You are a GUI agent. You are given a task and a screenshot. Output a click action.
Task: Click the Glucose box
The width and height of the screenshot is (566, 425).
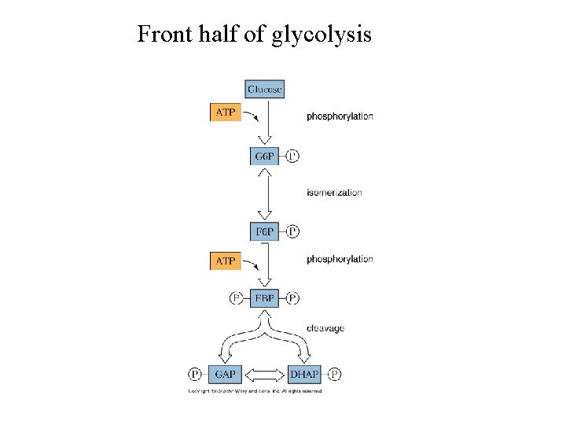(265, 89)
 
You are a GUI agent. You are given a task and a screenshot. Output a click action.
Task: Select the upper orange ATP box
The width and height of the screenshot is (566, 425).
(225, 113)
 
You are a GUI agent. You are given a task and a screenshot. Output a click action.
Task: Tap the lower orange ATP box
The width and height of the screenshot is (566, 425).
(225, 260)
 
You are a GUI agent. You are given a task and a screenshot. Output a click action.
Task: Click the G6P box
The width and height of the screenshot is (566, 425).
(265, 156)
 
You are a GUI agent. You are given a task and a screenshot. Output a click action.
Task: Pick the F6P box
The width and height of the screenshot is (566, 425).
(265, 231)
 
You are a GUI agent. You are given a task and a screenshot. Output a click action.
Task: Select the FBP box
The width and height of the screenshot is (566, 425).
(265, 298)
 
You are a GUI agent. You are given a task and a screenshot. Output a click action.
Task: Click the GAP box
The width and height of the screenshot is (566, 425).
(226, 373)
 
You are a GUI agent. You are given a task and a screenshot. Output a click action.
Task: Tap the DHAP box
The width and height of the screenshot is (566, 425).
(304, 373)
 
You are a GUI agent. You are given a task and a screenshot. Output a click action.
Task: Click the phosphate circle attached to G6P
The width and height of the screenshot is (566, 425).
(292, 156)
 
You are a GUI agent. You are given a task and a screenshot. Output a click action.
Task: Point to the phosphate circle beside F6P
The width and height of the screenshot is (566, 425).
(292, 231)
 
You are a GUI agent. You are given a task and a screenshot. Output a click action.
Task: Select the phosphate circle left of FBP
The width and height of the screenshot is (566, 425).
(236, 298)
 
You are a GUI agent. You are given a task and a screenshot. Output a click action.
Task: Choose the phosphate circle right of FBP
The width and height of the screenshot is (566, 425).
(292, 298)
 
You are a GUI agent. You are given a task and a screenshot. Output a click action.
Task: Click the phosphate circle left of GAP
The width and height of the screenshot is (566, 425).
(196, 373)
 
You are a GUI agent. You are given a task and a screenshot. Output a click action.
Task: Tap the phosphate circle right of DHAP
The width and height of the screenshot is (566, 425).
(336, 373)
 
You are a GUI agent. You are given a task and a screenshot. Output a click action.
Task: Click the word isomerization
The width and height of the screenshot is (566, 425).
(334, 193)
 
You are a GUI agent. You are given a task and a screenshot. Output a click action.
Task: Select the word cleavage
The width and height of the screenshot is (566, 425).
(325, 328)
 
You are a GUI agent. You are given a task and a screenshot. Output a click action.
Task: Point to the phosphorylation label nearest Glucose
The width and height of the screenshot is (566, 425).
(340, 116)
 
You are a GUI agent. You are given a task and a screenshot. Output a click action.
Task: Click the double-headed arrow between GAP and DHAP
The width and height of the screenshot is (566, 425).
(265, 373)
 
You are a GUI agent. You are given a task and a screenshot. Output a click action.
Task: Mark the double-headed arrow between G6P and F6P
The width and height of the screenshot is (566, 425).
(269, 193)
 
